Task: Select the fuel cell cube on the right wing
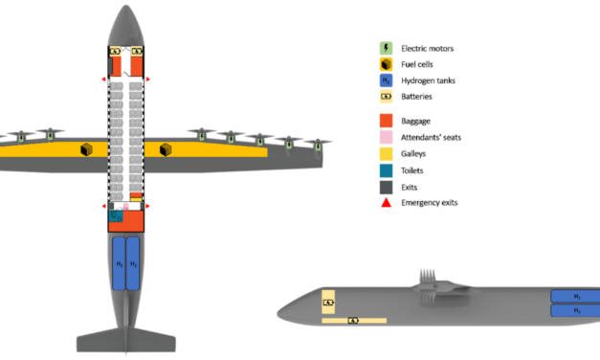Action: point(166,148)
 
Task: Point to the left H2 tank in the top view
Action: point(119,263)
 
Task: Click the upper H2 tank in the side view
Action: point(575,297)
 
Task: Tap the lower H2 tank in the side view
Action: point(575,311)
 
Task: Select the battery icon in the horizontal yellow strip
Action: point(352,321)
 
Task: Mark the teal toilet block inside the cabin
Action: point(117,217)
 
